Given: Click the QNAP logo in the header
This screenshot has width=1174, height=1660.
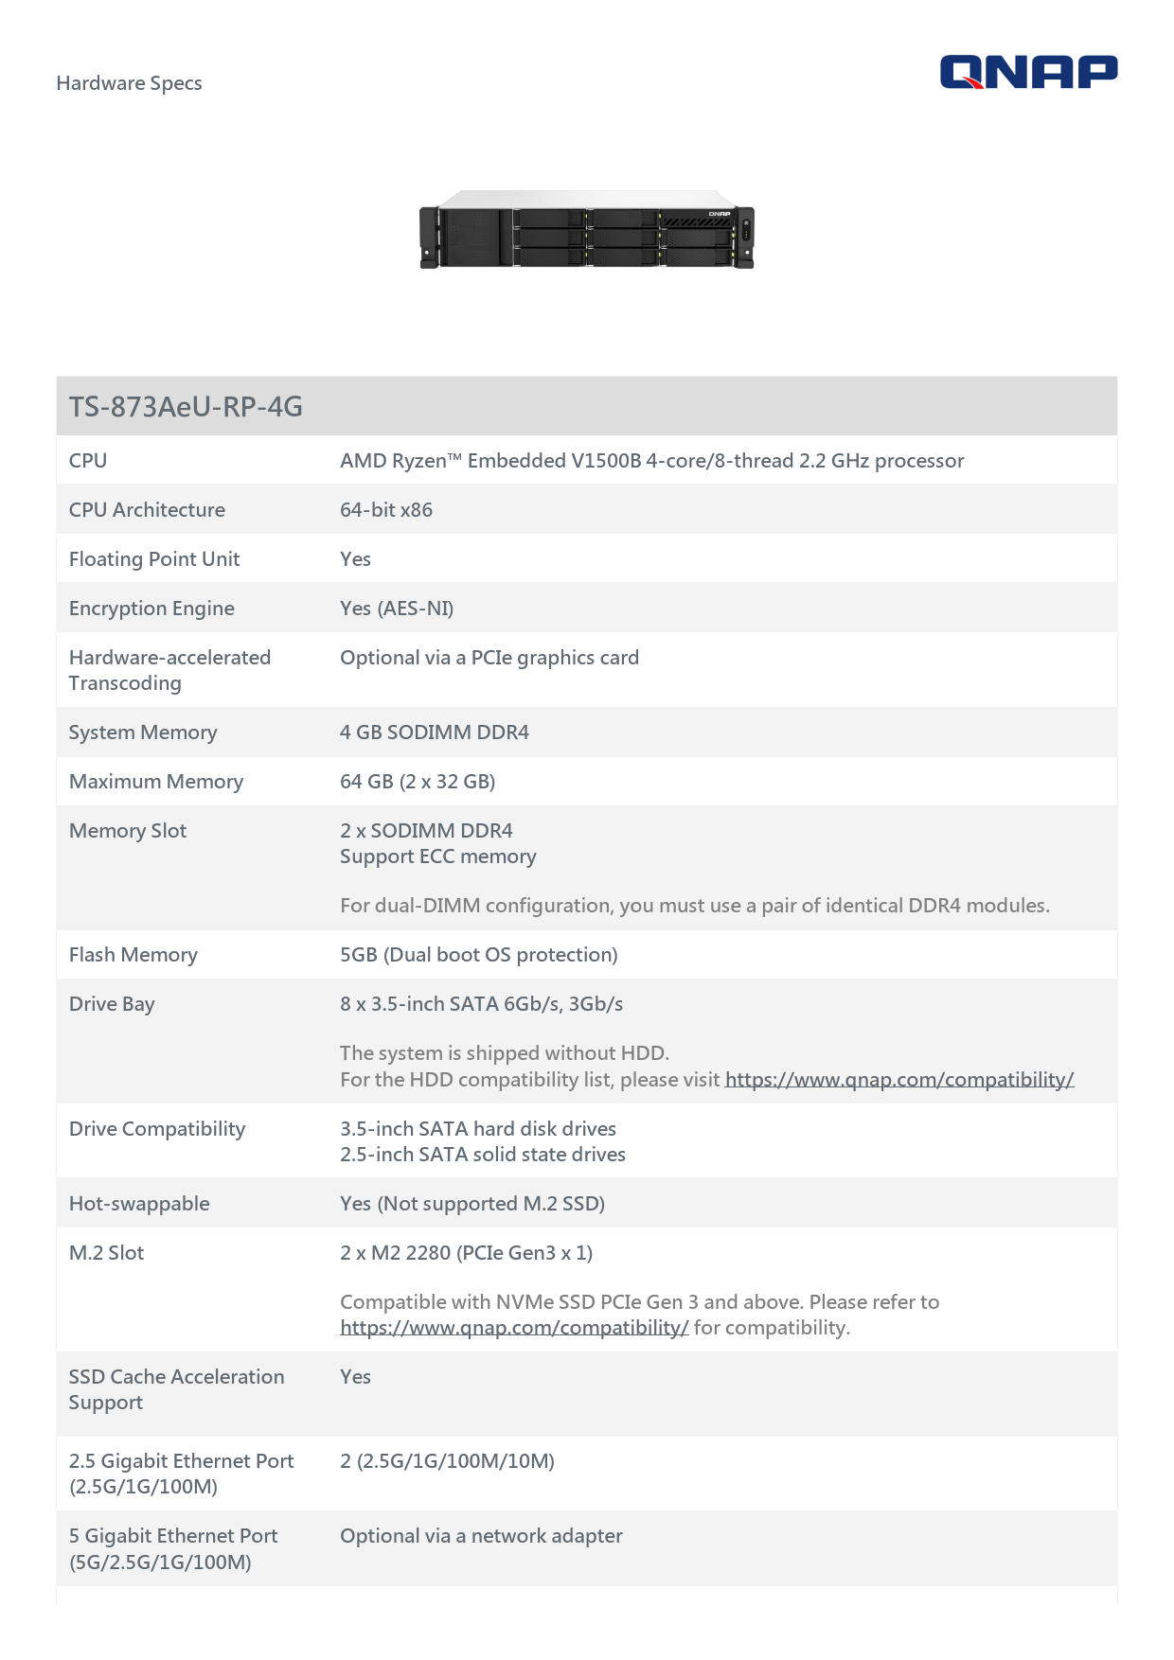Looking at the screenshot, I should tap(1028, 72).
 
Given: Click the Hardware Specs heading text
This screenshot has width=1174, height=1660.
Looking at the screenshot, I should tap(129, 83).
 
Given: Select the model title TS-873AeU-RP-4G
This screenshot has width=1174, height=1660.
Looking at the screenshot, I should tap(186, 407).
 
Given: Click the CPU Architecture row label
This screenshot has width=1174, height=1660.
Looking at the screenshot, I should tap(147, 510).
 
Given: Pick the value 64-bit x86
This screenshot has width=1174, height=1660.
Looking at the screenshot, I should tap(386, 510).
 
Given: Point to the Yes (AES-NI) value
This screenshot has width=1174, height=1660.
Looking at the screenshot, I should tap(397, 609).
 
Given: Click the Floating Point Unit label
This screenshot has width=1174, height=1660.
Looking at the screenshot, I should tap(154, 559).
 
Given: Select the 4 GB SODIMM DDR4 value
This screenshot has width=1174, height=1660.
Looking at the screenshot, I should tap(435, 733).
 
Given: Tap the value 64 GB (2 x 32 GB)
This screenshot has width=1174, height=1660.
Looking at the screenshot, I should tap(418, 782).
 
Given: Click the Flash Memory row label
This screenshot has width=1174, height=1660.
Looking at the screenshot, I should tap(133, 955).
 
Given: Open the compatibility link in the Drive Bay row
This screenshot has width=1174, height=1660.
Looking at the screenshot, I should tap(898, 1080).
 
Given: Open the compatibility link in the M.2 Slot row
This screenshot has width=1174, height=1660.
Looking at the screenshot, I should tap(514, 1328).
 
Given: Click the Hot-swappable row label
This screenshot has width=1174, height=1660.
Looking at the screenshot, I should tap(139, 1204).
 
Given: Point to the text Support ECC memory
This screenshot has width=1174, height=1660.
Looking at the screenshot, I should tap(438, 856).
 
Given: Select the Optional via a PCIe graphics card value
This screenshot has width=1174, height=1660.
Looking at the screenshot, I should tap(489, 658).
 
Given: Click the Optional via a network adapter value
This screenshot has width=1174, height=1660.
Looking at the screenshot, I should tap(481, 1536).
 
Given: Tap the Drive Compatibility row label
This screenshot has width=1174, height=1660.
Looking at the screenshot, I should tap(157, 1129).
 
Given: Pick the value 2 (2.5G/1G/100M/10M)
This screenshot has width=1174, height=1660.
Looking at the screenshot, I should tap(447, 1461).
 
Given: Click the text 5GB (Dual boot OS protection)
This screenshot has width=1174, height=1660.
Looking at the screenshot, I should tap(479, 955).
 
